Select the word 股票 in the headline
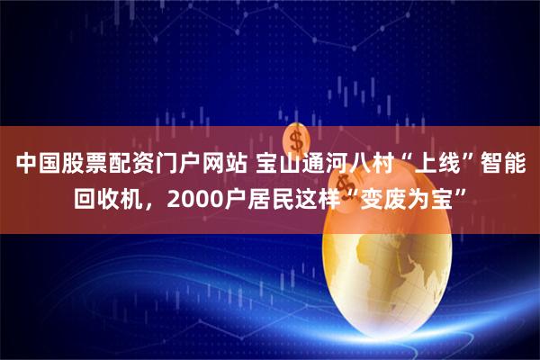(83, 165)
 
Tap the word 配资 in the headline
(130, 165)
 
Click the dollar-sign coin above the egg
(296, 145)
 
